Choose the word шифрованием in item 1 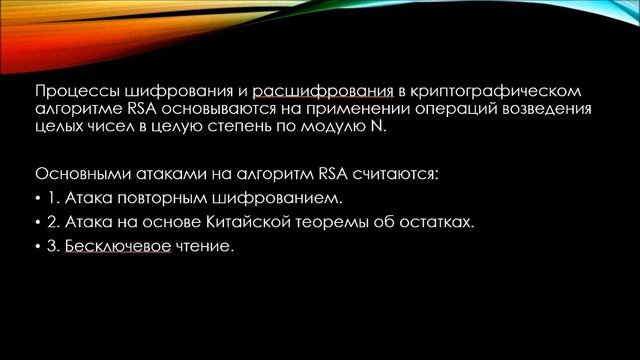click(237, 197)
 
